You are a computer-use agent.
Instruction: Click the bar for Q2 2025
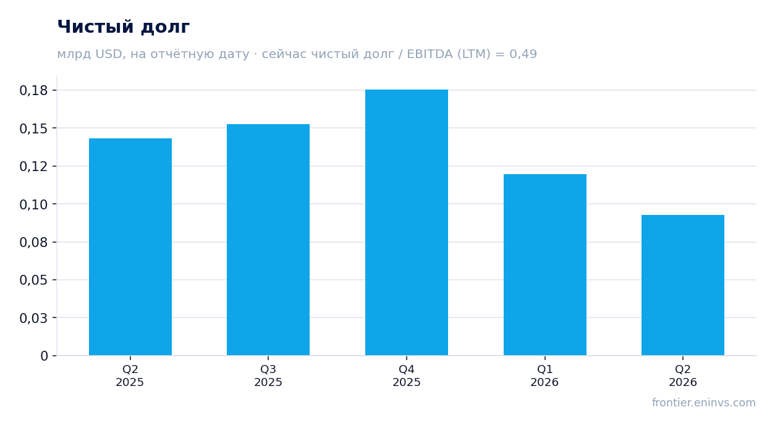[x=130, y=247]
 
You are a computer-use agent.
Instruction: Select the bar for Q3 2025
[x=268, y=240]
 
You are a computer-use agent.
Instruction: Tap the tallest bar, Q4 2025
[x=407, y=222]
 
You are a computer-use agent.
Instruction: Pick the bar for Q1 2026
[x=545, y=265]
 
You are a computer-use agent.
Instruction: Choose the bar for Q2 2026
[x=683, y=285]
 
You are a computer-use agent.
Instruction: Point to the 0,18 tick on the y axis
[x=33, y=91]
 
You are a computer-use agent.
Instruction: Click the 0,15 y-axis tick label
[x=33, y=128]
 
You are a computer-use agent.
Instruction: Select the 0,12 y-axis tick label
[x=33, y=167]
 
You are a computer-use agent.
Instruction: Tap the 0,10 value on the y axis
[x=33, y=204]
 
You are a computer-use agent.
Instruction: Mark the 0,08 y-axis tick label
[x=33, y=242]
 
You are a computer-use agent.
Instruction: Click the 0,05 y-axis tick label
[x=33, y=280]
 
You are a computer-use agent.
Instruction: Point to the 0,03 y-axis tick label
[x=33, y=318]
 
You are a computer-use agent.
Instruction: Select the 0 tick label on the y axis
[x=44, y=356]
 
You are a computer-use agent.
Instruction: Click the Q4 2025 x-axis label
[x=407, y=376]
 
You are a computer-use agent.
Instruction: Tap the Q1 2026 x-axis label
[x=544, y=376]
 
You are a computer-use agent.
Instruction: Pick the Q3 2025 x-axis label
[x=268, y=376]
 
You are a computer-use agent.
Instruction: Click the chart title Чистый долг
[x=124, y=27]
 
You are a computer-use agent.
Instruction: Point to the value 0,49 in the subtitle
[x=523, y=54]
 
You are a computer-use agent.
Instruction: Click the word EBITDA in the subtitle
[x=430, y=54]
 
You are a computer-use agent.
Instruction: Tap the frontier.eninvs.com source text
[x=704, y=403]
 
